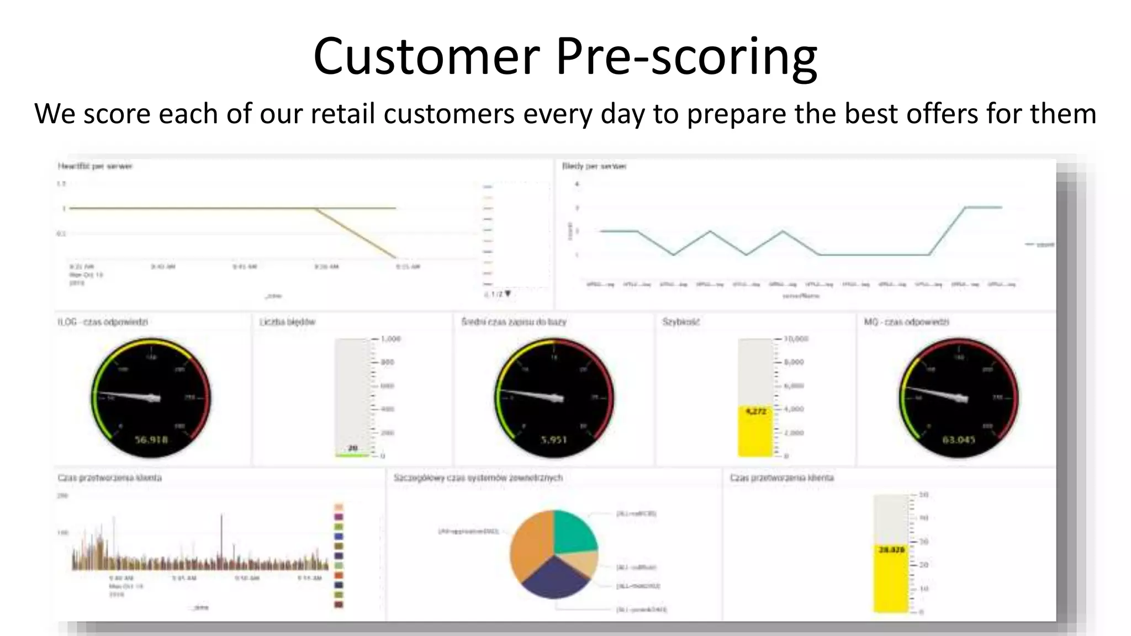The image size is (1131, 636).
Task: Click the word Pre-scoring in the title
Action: pos(686,57)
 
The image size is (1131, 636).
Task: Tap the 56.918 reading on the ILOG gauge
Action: pos(151,440)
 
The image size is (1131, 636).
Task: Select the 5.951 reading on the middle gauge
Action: pos(554,440)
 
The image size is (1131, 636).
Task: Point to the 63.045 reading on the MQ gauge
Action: pos(958,440)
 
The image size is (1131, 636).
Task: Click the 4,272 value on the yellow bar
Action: pos(755,411)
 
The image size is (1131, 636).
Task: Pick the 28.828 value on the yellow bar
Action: pos(891,550)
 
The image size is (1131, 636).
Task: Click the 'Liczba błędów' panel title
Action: pos(287,322)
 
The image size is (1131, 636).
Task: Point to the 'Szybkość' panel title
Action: pos(681,322)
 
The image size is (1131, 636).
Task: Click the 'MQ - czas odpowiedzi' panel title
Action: pos(906,322)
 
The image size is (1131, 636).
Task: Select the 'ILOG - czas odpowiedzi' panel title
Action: pos(103,322)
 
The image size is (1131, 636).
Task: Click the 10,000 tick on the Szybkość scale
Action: pos(796,338)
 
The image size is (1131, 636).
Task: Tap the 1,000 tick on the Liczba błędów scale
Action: pos(390,338)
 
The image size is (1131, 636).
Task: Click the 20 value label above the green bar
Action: pos(353,448)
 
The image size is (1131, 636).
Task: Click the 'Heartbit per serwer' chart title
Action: pos(95,166)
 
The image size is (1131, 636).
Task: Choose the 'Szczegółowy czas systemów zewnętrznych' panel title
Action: pos(478,478)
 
